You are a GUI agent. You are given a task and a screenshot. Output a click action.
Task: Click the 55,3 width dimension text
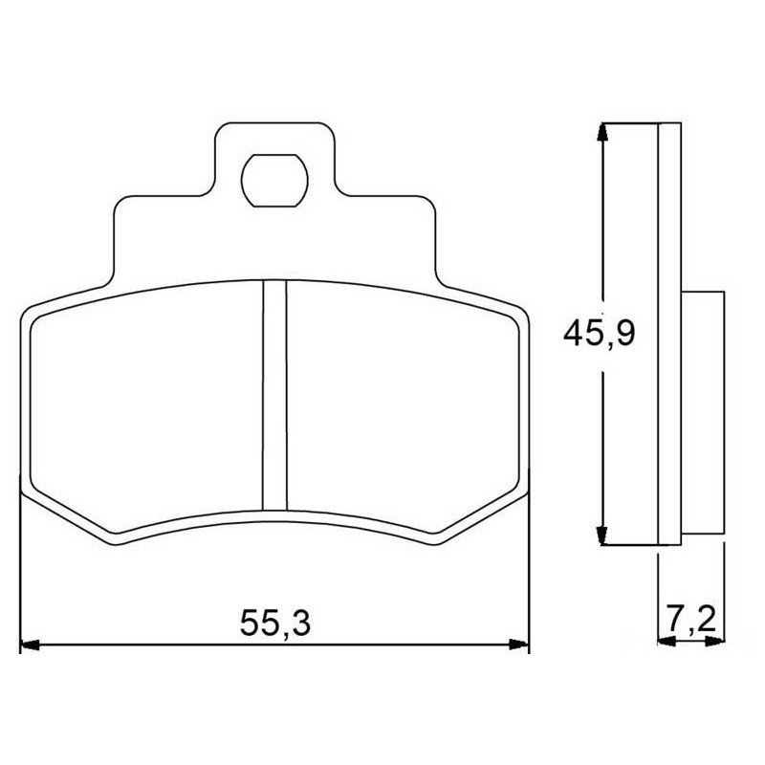point(275,623)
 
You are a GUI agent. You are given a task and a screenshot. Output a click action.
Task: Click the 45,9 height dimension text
point(600,333)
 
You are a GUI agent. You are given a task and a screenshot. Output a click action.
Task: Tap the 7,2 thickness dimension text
point(690,620)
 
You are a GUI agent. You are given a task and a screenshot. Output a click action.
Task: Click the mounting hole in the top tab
point(274,181)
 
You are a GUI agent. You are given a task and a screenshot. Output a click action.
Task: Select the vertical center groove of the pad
point(274,395)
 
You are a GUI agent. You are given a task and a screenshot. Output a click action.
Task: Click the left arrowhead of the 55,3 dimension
point(30,645)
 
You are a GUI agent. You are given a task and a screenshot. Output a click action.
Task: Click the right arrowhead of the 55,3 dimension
point(519,645)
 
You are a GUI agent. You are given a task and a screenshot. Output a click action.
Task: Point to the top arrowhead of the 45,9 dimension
point(603,132)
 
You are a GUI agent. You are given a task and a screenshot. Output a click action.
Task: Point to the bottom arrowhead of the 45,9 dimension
point(603,535)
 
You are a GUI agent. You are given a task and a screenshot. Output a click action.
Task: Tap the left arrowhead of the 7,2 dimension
point(667,642)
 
